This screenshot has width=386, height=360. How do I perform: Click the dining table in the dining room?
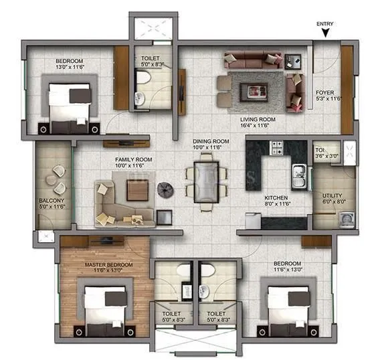tap(204, 181)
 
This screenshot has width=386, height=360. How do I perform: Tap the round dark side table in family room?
tap(165, 190)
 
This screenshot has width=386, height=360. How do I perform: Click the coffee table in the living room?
tap(257, 85)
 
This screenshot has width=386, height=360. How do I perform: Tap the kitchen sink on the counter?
tap(298, 181)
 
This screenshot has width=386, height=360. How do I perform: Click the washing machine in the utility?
tap(345, 219)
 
